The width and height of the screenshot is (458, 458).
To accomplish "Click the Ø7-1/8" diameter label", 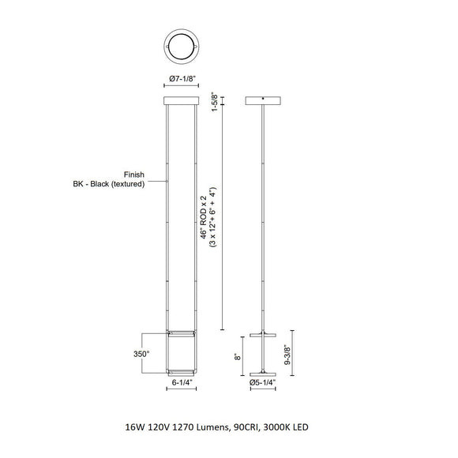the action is pos(182,79).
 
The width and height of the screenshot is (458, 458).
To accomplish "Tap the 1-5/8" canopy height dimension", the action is pos(215,103).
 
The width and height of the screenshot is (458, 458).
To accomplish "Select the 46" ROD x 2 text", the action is pos(204,217).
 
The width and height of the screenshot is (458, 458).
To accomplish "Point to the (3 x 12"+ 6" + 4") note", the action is pos(213,217).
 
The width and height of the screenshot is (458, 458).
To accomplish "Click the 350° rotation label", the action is pos(141,354).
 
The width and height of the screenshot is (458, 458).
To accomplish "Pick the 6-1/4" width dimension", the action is pos(182,382).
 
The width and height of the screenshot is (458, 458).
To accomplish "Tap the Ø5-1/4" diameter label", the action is pos(263,382).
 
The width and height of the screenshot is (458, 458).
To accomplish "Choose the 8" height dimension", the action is pos(238,357).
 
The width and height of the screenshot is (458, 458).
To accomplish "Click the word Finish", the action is pos(134,175).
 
